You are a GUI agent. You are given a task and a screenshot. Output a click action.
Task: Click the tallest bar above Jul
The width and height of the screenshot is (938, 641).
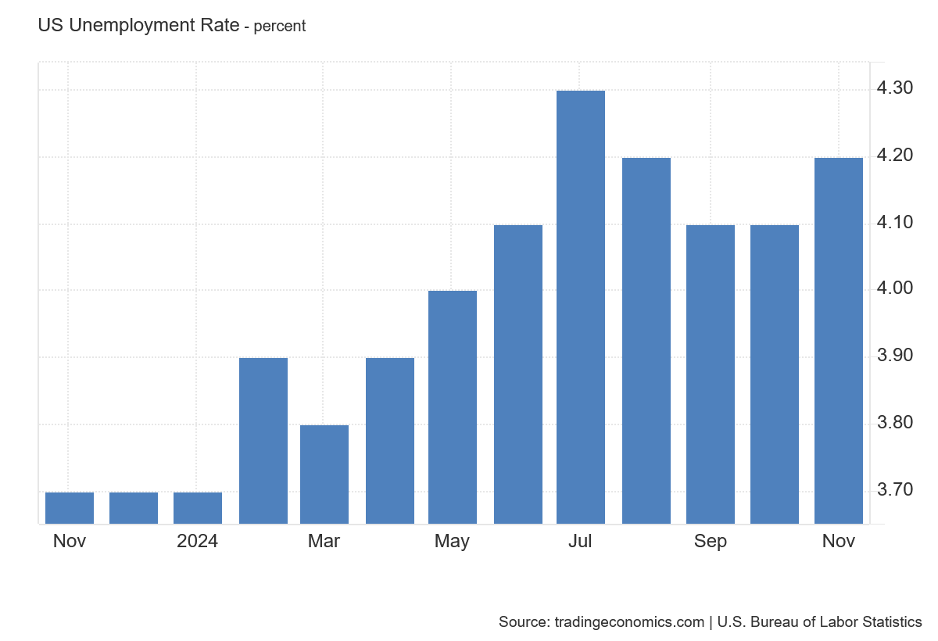point(580,307)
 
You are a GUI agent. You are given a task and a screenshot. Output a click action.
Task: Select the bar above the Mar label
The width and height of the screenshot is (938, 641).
point(324,474)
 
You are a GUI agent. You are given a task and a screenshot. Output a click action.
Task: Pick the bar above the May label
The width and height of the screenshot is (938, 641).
point(453,407)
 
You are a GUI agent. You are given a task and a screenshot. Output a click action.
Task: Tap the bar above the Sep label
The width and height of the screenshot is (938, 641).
point(711,374)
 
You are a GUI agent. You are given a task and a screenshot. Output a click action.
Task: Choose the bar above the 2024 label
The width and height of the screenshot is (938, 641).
point(198,508)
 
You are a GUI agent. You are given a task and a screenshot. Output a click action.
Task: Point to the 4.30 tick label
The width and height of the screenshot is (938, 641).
point(895,88)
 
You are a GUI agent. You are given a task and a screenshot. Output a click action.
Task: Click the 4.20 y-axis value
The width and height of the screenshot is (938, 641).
point(895,156)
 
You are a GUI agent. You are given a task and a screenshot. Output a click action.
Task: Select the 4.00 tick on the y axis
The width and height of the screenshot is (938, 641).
point(895,288)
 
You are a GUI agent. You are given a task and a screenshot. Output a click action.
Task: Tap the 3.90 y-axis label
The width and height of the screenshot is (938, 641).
point(895,356)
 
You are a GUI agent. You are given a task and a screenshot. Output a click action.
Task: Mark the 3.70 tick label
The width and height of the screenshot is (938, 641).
point(895,490)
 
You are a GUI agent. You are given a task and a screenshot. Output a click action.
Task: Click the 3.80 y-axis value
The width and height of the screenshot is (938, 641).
point(895,422)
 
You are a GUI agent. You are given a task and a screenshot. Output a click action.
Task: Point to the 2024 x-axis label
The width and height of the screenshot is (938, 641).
point(197,542)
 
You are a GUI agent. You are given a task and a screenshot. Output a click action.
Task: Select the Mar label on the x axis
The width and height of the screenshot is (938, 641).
point(324,542)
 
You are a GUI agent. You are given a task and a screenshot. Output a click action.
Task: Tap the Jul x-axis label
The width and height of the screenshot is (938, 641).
point(580,542)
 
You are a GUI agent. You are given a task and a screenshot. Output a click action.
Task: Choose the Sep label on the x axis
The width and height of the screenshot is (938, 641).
point(711,542)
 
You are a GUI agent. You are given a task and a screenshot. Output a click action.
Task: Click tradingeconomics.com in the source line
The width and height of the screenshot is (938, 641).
point(629,622)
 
